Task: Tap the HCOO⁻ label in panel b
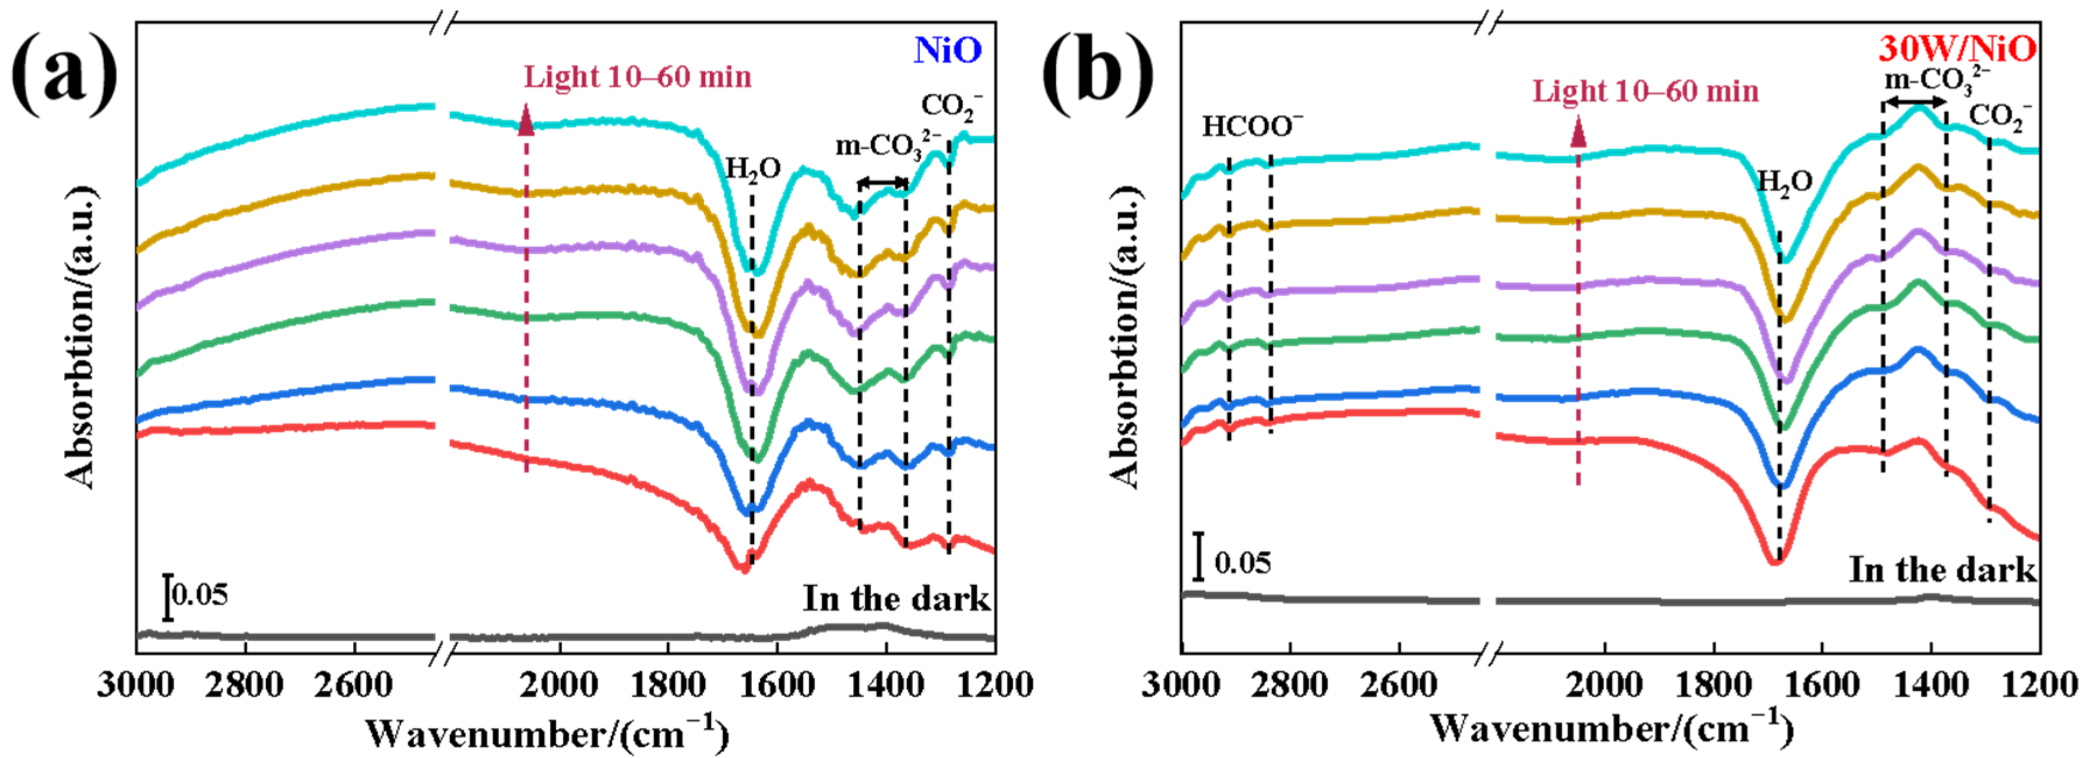(1252, 127)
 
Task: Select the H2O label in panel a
(753, 170)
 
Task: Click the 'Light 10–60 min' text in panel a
(638, 77)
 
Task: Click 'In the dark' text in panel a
(896, 599)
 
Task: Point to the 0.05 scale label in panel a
(200, 594)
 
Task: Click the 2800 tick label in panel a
(243, 686)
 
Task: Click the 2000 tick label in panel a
(558, 686)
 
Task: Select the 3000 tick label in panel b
(1181, 686)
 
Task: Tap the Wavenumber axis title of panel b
(1611, 728)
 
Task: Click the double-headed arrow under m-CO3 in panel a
(882, 182)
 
